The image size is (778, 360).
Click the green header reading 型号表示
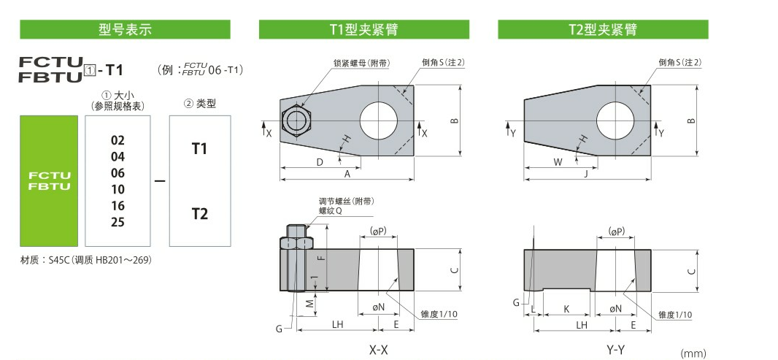(x=125, y=29)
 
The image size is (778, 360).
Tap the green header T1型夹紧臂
(x=363, y=29)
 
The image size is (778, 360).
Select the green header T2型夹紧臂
(x=603, y=29)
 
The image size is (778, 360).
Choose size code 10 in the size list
(x=118, y=189)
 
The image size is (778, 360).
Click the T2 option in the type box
(x=199, y=213)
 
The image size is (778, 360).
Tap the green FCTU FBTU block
(x=49, y=180)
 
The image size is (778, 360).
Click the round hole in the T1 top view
(x=379, y=120)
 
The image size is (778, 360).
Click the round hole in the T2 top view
(x=617, y=120)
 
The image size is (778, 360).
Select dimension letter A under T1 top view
(x=347, y=175)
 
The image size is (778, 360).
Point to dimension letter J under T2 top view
(x=586, y=175)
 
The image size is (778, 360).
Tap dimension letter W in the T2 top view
(x=558, y=162)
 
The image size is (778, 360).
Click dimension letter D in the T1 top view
(x=319, y=162)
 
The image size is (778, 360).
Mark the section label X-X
(x=378, y=350)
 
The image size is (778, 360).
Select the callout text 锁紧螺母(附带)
(x=361, y=63)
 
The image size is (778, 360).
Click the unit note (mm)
(x=693, y=353)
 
